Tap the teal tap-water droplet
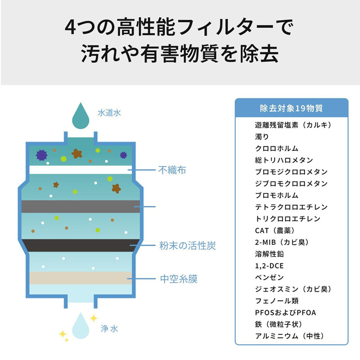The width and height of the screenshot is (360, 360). [82, 115]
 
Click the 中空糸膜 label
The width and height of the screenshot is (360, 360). [179, 279]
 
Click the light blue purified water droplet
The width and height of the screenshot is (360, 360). [82, 324]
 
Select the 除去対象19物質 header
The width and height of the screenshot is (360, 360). [291, 108]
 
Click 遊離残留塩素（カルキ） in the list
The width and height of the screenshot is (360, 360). [293, 125]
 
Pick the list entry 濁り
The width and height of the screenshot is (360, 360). [262, 137]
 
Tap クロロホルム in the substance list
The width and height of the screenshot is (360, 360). [276, 148]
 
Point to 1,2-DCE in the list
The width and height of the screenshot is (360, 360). [269, 265]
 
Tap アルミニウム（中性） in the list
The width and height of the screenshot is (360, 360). [289, 336]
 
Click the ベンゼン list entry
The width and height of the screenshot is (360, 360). [269, 277]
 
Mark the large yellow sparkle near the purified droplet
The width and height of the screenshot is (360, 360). [94, 318]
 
